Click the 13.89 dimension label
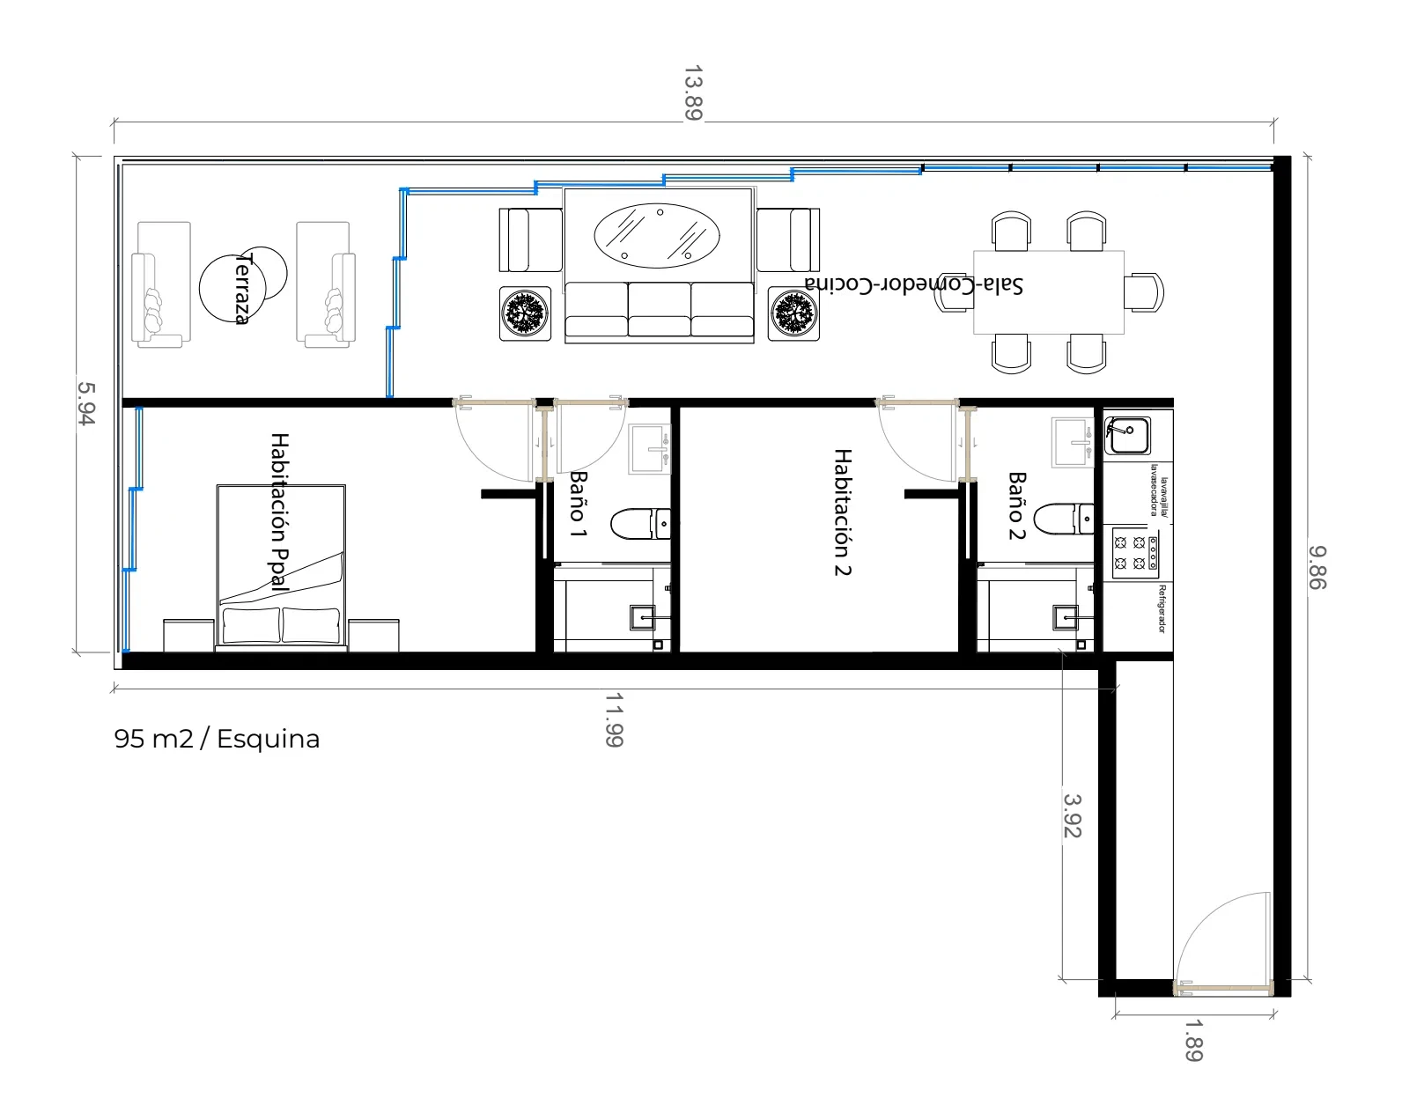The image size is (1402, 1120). [x=693, y=92]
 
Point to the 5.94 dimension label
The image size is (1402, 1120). [x=86, y=403]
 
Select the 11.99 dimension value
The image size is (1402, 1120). [x=615, y=720]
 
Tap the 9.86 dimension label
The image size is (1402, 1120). [x=1317, y=568]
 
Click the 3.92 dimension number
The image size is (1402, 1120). [x=1073, y=815]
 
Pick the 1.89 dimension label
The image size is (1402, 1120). [x=1193, y=1041]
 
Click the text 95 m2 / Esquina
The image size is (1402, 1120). [x=217, y=739]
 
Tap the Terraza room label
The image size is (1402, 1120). [x=242, y=289]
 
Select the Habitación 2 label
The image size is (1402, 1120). [x=843, y=512]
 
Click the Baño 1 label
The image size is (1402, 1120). [x=579, y=505]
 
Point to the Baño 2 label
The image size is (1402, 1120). [x=1017, y=505]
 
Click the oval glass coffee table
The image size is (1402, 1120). [x=657, y=235]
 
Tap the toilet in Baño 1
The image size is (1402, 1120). [x=640, y=524]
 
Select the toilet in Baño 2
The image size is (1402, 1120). [x=1063, y=519]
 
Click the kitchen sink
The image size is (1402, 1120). [x=1127, y=435]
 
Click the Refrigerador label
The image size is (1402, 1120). [x=1162, y=608]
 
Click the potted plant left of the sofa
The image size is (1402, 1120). [x=525, y=313]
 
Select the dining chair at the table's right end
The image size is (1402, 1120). [x=1144, y=292]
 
